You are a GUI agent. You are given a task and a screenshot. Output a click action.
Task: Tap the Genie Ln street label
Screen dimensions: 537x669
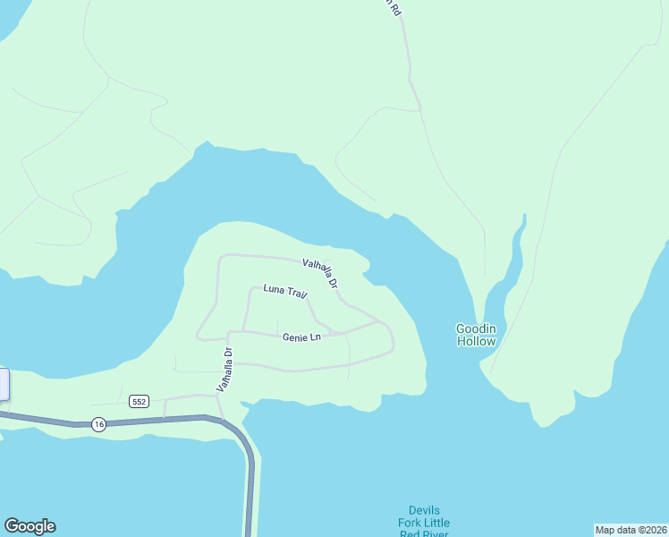(x=301, y=337)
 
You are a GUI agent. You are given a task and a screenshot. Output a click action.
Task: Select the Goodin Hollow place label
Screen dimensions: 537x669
(x=476, y=335)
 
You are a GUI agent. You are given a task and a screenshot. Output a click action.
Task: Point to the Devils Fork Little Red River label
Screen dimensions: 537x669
(x=424, y=523)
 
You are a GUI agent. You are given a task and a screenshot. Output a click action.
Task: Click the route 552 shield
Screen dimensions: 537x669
(x=138, y=401)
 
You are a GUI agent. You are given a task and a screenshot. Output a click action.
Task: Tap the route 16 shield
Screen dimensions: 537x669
(x=98, y=424)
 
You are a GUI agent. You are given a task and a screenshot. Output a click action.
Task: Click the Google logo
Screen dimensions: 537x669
(x=30, y=526)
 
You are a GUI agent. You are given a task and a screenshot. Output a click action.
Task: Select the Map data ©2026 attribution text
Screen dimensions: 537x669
(x=631, y=530)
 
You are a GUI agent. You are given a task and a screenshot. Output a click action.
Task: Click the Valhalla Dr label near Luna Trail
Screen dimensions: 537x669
(x=321, y=273)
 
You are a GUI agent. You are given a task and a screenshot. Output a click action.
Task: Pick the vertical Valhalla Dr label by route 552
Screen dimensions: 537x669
(x=223, y=370)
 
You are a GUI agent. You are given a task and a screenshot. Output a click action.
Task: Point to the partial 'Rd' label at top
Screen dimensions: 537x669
(x=393, y=6)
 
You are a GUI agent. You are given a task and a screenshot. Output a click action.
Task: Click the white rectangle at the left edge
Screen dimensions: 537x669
(x=4, y=384)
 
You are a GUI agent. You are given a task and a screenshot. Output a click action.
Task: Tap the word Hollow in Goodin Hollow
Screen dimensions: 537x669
(x=476, y=341)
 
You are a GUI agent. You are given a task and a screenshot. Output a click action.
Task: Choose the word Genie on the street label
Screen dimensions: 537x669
(x=294, y=337)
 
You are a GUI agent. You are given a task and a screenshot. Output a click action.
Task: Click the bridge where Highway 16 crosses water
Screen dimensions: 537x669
(x=250, y=483)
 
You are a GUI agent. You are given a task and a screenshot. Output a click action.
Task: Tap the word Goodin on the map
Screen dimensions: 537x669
(x=476, y=328)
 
